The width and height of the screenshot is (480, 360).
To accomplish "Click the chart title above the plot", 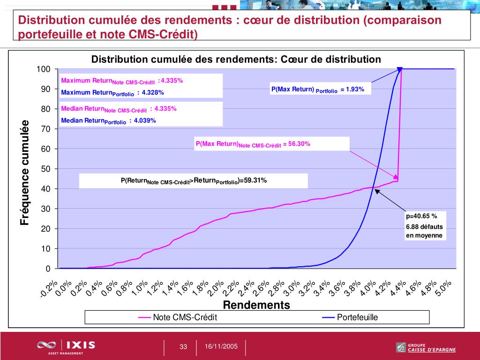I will pyautogui.click(x=236, y=60).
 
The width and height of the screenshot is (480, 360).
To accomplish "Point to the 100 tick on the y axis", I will pyautogui.click(x=44, y=69).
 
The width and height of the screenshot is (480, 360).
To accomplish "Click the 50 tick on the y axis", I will pyautogui.click(x=45, y=169).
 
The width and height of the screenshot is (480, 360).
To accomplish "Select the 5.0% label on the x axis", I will pyautogui.click(x=443, y=287).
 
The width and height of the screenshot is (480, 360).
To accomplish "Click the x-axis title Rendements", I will pyautogui.click(x=256, y=305).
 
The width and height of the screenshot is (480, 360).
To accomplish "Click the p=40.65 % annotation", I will pyautogui.click(x=421, y=216).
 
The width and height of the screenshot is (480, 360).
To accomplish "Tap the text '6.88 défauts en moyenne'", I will pyautogui.click(x=424, y=231).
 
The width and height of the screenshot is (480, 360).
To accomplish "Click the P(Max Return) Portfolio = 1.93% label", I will pyautogui.click(x=317, y=90).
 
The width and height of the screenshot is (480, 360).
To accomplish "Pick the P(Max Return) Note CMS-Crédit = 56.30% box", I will pyautogui.click(x=272, y=144).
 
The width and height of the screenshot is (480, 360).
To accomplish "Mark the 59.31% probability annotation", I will pyautogui.click(x=194, y=181).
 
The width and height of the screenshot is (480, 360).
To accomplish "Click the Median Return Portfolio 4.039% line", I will pyautogui.click(x=108, y=121).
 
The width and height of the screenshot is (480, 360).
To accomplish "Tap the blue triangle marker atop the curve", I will pyautogui.click(x=400, y=69).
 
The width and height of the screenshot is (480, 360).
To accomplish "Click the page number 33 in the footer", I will pyautogui.click(x=183, y=347).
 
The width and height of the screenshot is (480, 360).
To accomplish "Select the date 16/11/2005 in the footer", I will pyautogui.click(x=221, y=346).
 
